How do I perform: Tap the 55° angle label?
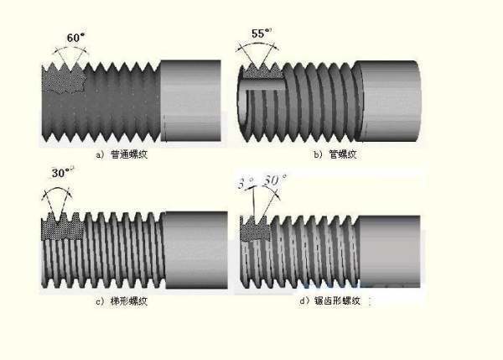click(x=262, y=34)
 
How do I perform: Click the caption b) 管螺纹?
click(x=331, y=154)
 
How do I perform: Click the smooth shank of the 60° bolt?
click(x=189, y=101)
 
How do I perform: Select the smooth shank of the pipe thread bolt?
click(x=387, y=99)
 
